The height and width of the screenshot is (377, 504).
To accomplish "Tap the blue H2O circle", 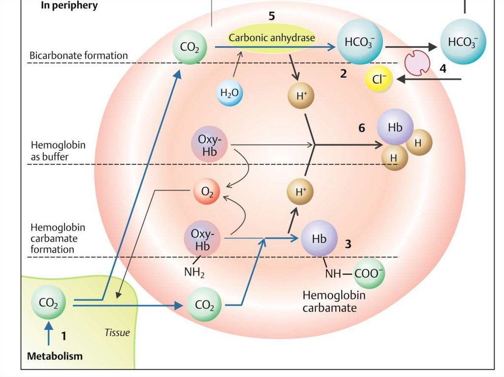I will (229, 93).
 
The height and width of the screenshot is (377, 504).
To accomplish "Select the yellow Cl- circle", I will (379, 79).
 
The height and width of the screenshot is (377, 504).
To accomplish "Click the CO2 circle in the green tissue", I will (48, 304).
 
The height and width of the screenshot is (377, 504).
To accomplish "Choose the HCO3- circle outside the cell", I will (462, 42).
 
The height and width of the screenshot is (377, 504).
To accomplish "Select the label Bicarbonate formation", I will (78, 56).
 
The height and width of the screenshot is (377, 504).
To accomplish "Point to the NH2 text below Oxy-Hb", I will (194, 271).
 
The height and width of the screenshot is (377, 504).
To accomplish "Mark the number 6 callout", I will (362, 128).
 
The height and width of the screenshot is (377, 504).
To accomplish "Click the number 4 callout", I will (443, 69).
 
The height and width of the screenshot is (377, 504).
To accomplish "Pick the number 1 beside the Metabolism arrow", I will (63, 336).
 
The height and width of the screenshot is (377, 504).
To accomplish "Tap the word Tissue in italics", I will (117, 333).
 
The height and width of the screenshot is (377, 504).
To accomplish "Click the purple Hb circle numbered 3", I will (319, 239).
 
